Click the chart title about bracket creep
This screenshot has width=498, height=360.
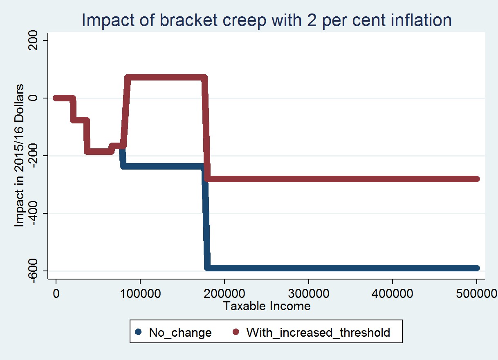267,20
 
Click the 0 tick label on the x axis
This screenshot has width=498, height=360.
56,293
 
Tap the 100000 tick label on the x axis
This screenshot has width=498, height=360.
140,293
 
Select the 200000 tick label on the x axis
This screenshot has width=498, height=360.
224,293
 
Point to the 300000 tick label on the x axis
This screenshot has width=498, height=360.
308,293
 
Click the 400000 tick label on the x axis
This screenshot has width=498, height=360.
393,293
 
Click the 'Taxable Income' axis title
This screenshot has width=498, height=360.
267,306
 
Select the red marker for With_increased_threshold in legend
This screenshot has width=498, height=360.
236,332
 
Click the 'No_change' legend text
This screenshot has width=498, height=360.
180,333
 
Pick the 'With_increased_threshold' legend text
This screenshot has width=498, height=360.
318,333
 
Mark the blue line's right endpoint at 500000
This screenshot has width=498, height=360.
476,268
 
